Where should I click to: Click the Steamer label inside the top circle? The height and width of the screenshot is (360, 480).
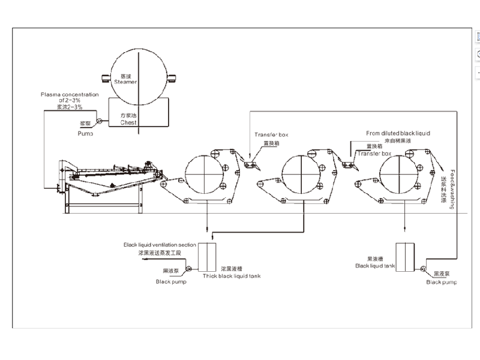point(125,82)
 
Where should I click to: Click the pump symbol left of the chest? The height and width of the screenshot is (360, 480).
point(100,122)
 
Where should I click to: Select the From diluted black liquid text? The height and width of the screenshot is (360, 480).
point(398,133)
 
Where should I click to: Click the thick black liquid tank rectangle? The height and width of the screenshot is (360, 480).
point(206,257)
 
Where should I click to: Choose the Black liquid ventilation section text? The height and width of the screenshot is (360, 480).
point(160,245)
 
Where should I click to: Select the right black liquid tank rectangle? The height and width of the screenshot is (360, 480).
point(406,257)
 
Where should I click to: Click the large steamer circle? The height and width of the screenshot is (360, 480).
point(137,70)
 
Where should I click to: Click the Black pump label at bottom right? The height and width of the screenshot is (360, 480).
point(442,282)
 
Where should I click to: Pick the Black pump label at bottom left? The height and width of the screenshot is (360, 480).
point(171,281)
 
